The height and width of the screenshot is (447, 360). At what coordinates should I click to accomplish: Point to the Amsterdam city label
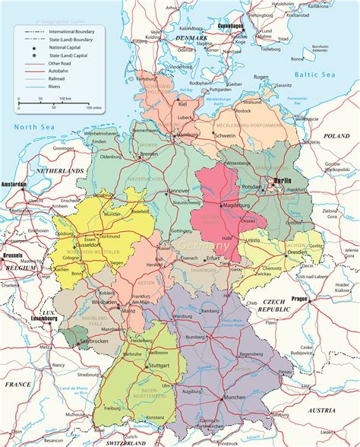point(14,185)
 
